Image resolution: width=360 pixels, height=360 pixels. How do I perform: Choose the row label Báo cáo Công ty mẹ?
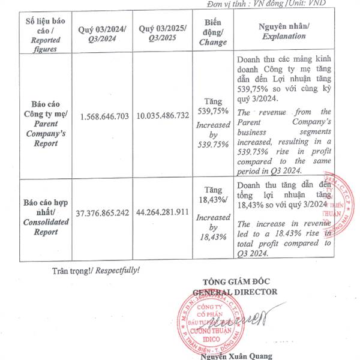[43, 116]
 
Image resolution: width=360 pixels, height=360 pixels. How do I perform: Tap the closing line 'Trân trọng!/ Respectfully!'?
[96, 270]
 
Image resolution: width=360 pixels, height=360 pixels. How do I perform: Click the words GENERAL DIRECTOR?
[235, 292]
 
